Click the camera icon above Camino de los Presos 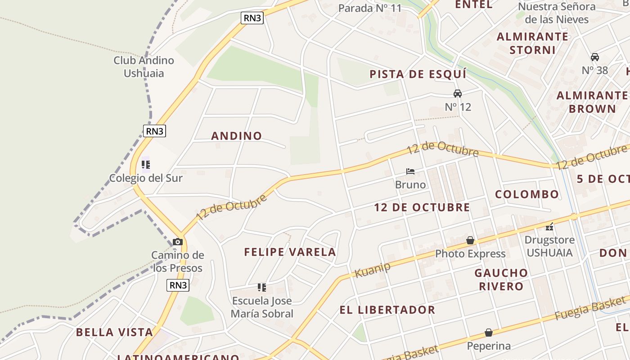(178, 242)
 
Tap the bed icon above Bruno (410, 171)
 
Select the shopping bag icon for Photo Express (470, 240)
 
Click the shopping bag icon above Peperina (489, 333)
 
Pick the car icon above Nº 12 (458, 94)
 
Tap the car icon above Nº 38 (595, 57)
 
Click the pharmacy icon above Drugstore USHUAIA (549, 227)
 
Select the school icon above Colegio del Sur (146, 165)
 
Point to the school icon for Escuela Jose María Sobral (261, 288)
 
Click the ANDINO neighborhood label (237, 136)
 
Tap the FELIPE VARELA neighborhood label (290, 252)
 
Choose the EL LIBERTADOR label (387, 310)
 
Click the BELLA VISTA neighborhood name (114, 333)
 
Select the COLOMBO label (527, 194)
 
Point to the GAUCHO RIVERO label (501, 279)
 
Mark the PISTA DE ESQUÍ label (418, 74)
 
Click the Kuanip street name (372, 270)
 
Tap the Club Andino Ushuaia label (144, 67)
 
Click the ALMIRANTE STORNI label (532, 43)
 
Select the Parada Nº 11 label (369, 8)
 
